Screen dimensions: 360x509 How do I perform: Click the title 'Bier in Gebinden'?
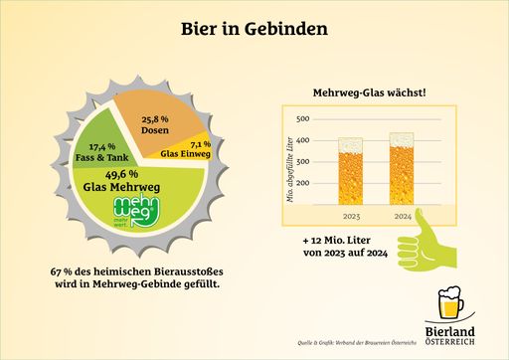coord(254,30)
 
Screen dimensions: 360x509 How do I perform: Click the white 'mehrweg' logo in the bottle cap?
coord(132,212)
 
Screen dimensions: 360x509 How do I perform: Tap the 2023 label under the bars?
coord(350,214)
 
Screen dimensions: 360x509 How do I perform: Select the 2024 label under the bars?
coord(402,214)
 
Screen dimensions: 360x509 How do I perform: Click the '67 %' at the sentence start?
coord(62,271)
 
